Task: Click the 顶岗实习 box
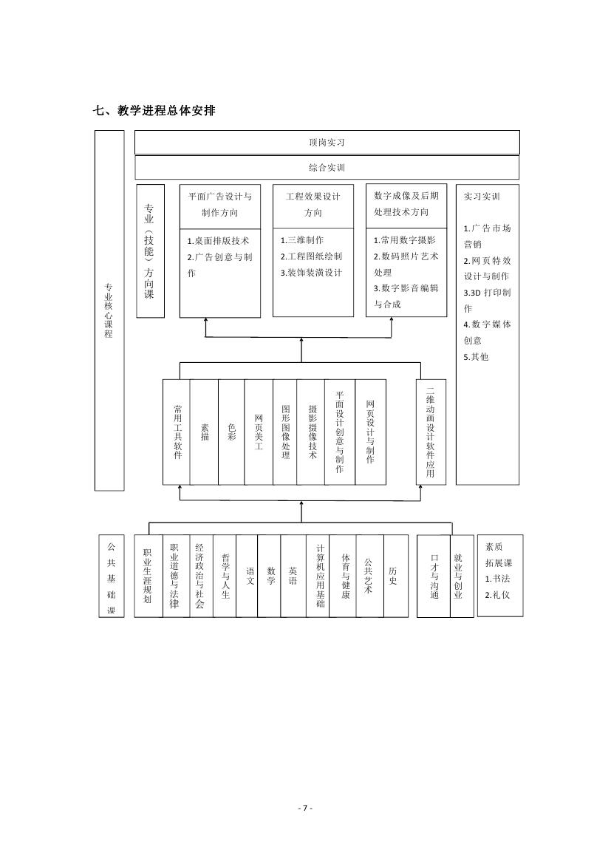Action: point(327,142)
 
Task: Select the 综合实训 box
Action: point(327,168)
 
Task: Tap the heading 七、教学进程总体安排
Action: point(154,110)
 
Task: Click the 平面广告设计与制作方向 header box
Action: point(220,206)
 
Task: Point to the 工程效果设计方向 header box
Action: point(313,206)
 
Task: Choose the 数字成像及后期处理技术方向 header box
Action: point(406,205)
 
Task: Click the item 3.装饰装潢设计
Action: point(311,273)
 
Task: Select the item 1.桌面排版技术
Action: point(218,241)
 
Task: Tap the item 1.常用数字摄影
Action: point(404,240)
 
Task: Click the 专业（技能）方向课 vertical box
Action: point(151,251)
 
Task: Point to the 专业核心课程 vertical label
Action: point(109,310)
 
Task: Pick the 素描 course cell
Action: point(205,432)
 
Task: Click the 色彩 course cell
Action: point(232,432)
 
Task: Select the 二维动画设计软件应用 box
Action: point(431,432)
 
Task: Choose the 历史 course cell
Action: point(396,576)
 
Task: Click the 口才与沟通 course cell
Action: point(434,576)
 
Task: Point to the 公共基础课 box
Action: point(112,576)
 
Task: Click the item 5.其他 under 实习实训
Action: point(476,357)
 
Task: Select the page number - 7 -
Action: point(305,809)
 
